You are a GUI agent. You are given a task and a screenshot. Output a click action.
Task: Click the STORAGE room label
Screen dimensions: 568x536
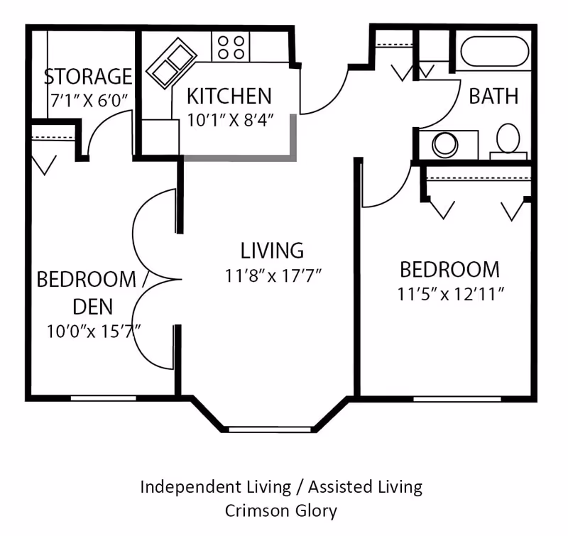click(x=88, y=76)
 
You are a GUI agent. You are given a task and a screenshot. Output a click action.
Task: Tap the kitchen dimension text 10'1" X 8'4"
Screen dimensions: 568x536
click(x=230, y=120)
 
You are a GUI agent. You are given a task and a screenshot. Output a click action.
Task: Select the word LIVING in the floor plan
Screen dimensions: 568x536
click(x=272, y=251)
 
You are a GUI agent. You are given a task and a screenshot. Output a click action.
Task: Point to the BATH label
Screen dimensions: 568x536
click(x=493, y=96)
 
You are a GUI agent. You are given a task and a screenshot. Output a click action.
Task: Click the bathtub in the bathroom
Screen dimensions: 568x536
click(x=494, y=51)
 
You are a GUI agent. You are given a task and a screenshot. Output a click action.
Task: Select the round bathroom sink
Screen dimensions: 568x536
click(x=445, y=146)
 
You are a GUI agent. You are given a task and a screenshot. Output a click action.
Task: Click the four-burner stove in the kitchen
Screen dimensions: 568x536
click(x=231, y=46)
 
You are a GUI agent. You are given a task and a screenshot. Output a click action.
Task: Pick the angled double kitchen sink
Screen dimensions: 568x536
click(x=171, y=63)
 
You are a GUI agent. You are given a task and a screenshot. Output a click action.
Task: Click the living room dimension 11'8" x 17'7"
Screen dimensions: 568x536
click(x=273, y=275)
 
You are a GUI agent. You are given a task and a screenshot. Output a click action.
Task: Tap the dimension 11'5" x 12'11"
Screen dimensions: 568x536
click(x=451, y=294)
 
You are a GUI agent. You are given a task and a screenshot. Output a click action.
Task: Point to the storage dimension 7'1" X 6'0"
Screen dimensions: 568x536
click(x=89, y=101)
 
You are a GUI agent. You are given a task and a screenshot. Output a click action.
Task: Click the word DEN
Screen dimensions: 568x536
click(x=93, y=307)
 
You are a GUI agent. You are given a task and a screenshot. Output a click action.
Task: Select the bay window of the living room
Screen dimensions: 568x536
click(x=270, y=430)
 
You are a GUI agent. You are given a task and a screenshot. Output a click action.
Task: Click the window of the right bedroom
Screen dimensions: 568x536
click(x=457, y=399)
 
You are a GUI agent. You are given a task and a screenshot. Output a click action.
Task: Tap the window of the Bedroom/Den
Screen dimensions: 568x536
click(x=103, y=398)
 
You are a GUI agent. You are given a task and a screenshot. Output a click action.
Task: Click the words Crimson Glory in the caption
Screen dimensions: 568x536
click(x=280, y=510)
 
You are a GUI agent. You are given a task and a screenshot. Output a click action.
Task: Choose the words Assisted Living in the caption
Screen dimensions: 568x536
click(x=365, y=487)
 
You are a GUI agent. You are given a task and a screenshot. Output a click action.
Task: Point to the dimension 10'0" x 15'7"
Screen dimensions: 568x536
click(x=94, y=332)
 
